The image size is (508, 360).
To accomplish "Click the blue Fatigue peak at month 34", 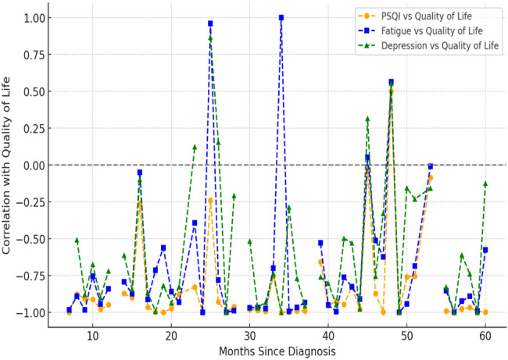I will point(281,17).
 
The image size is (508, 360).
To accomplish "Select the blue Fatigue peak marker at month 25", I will point(210,23).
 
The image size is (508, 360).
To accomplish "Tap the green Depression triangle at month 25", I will point(210,38).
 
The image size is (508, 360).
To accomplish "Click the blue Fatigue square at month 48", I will point(391,82).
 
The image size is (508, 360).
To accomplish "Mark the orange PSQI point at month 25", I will point(210,201).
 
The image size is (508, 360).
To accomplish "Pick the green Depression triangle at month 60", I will point(485,184).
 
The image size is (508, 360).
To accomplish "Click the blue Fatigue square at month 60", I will point(485,250).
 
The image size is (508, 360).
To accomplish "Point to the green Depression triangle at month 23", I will point(195,147).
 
